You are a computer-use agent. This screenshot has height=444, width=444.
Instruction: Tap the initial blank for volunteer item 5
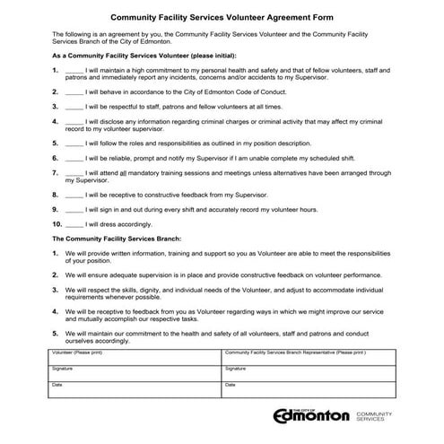(75, 142)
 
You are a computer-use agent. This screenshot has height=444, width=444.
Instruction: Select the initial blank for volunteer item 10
(75, 223)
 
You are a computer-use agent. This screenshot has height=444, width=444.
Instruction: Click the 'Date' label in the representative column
(231, 384)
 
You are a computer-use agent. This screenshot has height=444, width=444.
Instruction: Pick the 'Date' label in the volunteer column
(57, 384)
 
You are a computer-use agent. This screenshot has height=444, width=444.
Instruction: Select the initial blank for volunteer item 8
(75, 193)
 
